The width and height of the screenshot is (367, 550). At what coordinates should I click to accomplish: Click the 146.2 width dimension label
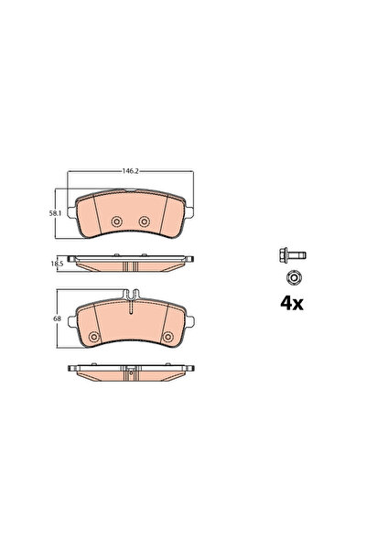click(x=131, y=171)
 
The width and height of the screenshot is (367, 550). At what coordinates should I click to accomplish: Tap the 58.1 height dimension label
click(x=56, y=213)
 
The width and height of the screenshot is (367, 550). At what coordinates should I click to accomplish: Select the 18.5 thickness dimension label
click(x=57, y=264)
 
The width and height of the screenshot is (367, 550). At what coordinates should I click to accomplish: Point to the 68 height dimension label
click(x=57, y=318)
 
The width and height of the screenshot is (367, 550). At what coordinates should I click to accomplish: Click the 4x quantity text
click(x=292, y=304)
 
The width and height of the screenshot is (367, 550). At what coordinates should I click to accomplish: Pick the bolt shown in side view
click(x=293, y=254)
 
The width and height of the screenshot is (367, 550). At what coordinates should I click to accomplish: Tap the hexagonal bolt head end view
click(x=295, y=278)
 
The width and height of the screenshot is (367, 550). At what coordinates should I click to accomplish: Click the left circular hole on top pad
click(x=116, y=221)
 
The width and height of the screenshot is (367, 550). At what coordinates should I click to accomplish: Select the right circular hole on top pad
click(x=145, y=221)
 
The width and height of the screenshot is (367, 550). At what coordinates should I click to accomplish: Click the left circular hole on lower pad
click(x=93, y=337)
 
